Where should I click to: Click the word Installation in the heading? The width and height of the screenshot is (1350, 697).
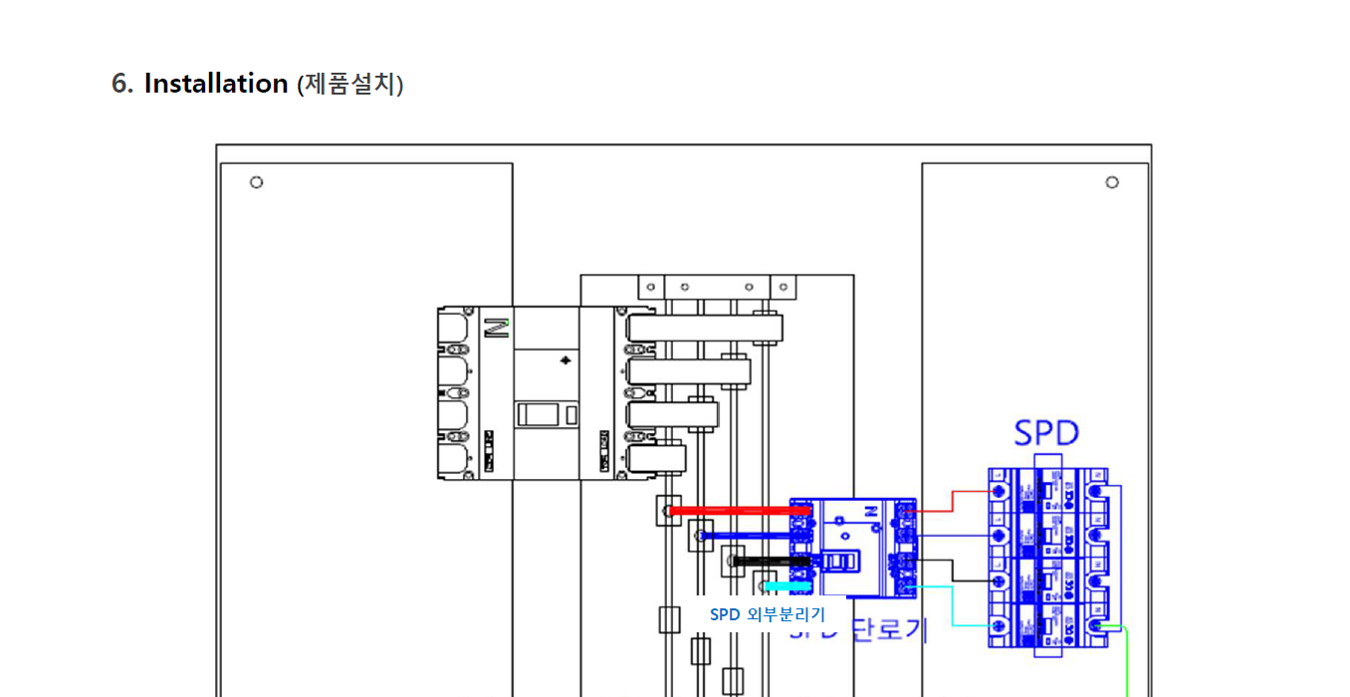click(x=216, y=84)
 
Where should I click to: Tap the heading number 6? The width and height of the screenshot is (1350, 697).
click(x=121, y=84)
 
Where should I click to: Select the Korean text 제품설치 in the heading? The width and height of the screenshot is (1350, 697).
click(x=349, y=85)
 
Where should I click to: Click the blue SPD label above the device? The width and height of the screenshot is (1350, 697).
click(x=1046, y=433)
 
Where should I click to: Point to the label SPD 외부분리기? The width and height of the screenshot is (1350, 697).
click(x=767, y=614)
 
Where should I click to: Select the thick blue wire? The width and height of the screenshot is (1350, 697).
click(x=747, y=536)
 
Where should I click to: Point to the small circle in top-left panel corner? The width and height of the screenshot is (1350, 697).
click(x=256, y=182)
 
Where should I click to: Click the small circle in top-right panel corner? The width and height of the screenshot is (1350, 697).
click(x=1112, y=182)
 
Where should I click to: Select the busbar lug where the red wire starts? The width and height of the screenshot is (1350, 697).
click(x=668, y=511)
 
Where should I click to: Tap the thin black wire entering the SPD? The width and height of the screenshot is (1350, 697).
click(x=954, y=571)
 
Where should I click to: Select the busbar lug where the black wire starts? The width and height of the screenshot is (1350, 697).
click(x=733, y=562)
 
